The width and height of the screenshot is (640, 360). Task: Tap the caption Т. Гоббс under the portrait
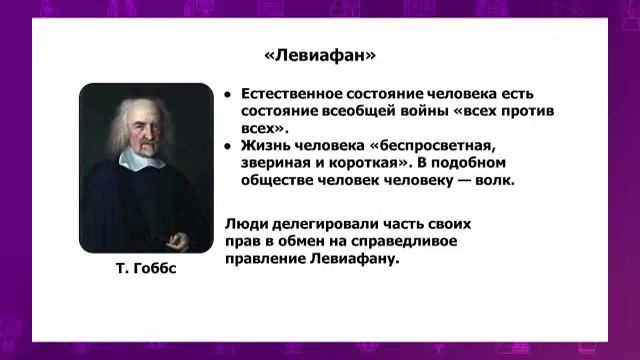[146, 269]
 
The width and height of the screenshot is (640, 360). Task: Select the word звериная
[280, 164]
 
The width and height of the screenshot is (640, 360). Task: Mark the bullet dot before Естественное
[228, 93]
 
